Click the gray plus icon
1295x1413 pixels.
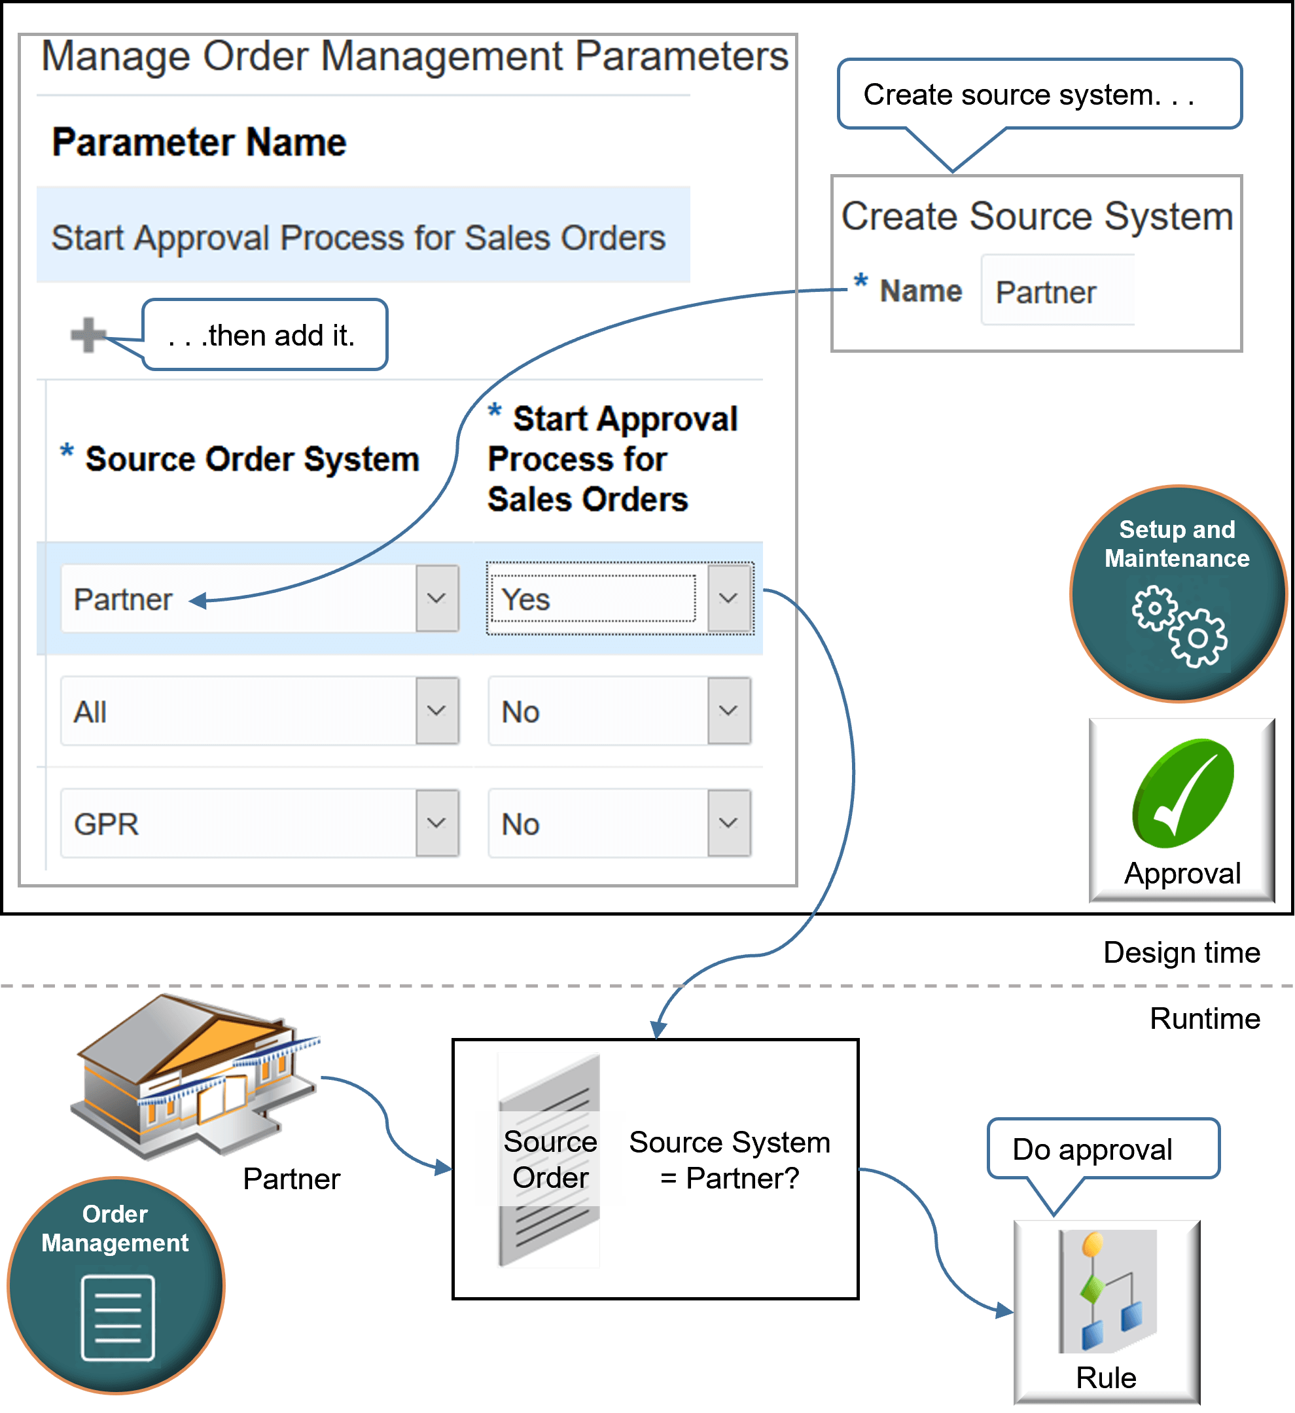[x=88, y=335]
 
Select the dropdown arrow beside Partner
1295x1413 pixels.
[x=436, y=599]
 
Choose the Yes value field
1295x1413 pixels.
[x=593, y=599]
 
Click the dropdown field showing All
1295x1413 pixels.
[x=238, y=711]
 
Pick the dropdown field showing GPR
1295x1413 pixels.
[x=238, y=823]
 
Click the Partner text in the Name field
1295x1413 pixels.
[x=1046, y=293]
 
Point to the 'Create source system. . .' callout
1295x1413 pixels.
[x=1038, y=95]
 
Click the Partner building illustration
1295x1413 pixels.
[x=197, y=1076]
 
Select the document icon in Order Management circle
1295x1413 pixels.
[x=118, y=1317]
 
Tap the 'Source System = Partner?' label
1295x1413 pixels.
[x=730, y=1160]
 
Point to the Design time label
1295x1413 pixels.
[x=1182, y=952]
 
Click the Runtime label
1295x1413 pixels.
[x=1205, y=1018]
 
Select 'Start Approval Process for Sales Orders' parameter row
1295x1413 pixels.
[x=358, y=238]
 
